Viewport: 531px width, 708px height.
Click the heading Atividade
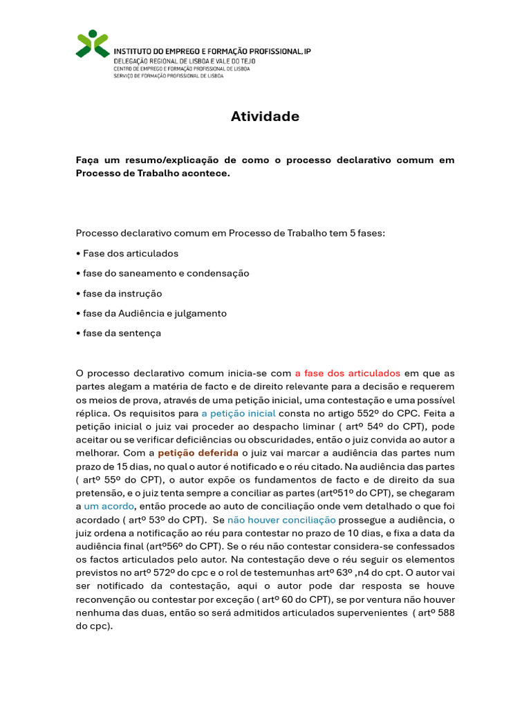(x=265, y=117)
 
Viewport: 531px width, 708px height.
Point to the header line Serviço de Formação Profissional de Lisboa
(x=168, y=76)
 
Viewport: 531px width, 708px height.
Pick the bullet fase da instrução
(x=119, y=293)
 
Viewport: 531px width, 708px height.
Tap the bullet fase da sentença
(x=118, y=333)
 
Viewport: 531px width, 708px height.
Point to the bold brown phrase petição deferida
(x=197, y=453)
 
